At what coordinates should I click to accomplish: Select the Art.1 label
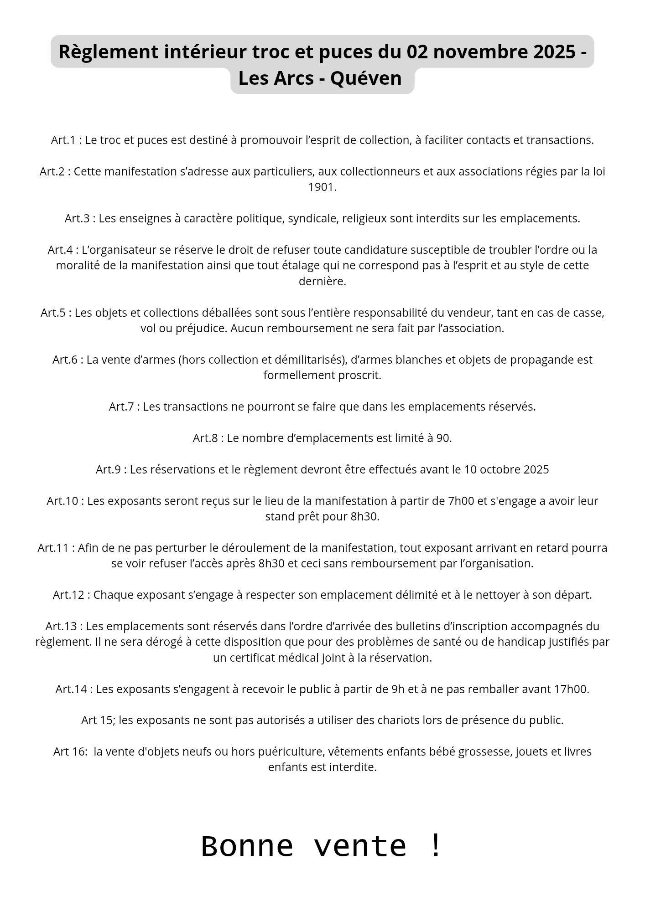[62, 140]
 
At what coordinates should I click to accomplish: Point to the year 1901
[322, 187]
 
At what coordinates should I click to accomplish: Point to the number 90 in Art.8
[442, 438]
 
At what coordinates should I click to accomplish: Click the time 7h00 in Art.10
[461, 501]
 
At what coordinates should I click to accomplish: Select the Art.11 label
[53, 548]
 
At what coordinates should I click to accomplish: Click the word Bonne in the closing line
[247, 846]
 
